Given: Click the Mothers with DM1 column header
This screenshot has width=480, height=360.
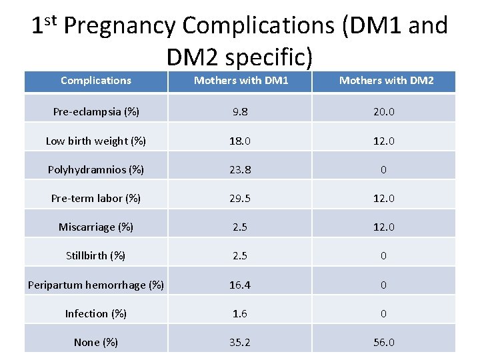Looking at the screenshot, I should (241, 81).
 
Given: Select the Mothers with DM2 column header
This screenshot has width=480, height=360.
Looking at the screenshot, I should (386, 81).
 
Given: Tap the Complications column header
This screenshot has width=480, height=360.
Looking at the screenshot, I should (96, 81).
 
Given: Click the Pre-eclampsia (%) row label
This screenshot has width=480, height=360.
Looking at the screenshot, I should (96, 112).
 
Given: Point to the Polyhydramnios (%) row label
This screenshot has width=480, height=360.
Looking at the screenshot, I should (96, 169).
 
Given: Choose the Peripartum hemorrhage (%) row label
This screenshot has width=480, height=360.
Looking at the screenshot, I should (96, 285).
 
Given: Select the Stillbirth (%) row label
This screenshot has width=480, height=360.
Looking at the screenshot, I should (96, 255).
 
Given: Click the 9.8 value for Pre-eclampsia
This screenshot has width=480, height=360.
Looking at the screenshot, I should (240, 112).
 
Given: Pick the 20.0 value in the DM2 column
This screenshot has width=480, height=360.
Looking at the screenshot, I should (383, 112).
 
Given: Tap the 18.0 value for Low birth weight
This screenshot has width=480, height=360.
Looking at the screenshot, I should (240, 141).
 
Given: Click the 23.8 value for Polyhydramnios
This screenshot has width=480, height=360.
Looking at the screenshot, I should (240, 169).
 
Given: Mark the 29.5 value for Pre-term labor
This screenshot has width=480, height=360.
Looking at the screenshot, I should (240, 198).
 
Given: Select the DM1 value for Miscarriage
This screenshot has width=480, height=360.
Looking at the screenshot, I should (240, 227).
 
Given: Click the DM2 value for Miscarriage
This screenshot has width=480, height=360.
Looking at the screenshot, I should (383, 227).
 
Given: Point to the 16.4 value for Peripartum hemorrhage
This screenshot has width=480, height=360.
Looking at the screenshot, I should (240, 285).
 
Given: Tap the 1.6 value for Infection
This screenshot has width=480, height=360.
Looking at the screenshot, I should (240, 313).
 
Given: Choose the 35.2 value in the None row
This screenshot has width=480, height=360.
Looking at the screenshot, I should (240, 342).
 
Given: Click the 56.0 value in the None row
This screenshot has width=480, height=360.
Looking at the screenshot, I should (383, 342).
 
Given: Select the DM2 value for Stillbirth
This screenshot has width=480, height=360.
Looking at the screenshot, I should (383, 255).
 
